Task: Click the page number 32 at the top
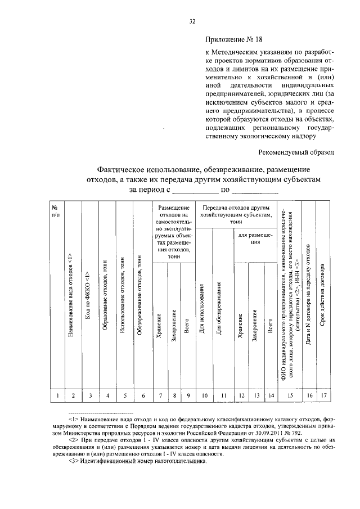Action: (x=192, y=21)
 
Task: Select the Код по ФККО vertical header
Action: (x=88, y=298)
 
